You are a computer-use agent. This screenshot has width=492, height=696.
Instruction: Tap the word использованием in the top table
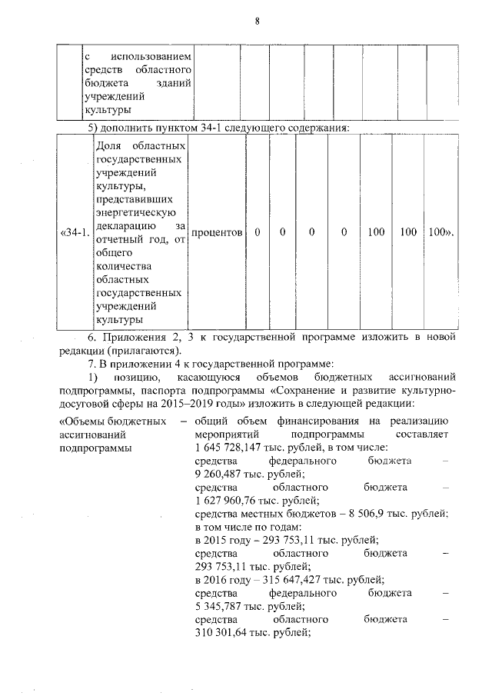point(151,57)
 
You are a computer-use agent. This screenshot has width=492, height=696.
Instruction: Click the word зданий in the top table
point(173,83)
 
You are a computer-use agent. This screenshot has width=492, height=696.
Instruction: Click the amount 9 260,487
point(219,474)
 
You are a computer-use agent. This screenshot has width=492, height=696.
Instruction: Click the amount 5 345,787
point(219,606)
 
